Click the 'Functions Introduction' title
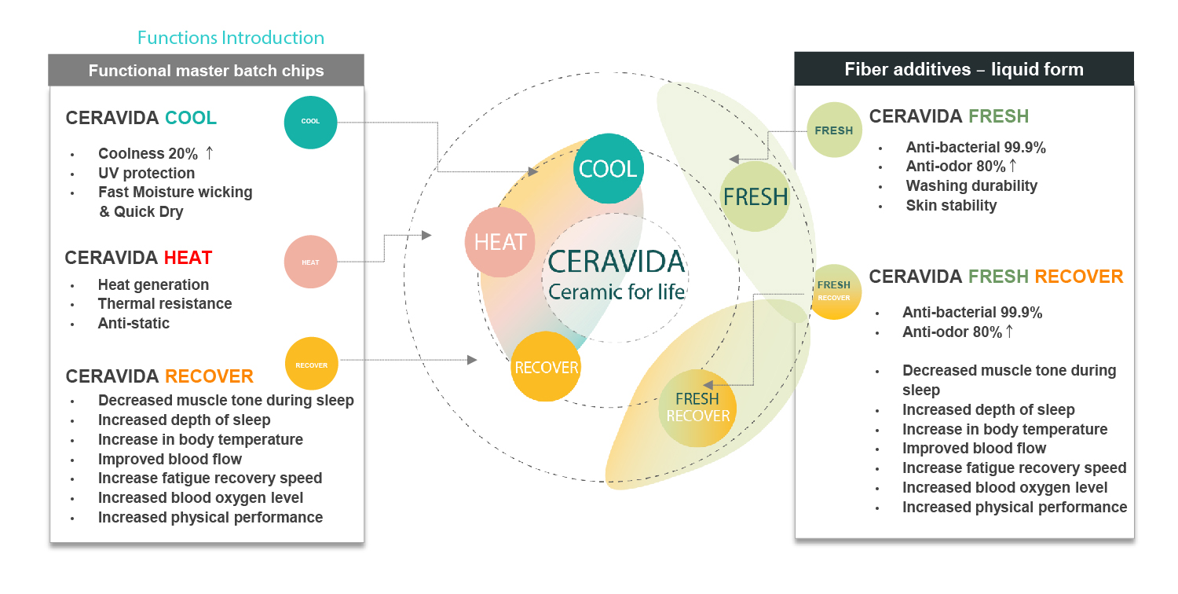[230, 38]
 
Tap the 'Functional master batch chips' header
[206, 71]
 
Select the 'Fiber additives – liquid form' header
[964, 69]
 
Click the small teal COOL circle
[310, 122]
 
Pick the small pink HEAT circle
[310, 262]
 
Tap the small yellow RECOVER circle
[311, 365]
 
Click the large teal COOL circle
[608, 169]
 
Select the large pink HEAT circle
[500, 242]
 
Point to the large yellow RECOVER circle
[546, 367]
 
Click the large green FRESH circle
[755, 196]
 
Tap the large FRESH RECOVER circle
[697, 407]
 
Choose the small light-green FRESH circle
[834, 130]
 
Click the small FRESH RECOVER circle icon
[834, 291]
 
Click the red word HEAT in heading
[188, 258]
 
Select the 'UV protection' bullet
[146, 173]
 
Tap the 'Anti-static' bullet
[134, 323]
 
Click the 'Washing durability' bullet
[971, 186]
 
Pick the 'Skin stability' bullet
[951, 206]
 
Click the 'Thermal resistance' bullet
[165, 303]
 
